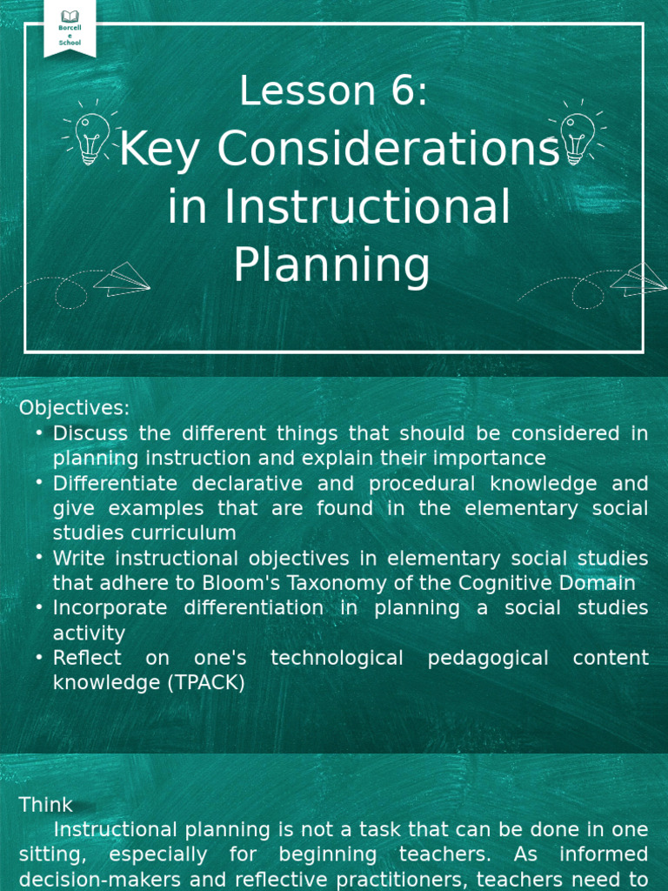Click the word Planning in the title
331,265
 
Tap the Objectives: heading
75,407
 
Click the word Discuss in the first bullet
90,433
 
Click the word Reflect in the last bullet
87,658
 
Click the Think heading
46,805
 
